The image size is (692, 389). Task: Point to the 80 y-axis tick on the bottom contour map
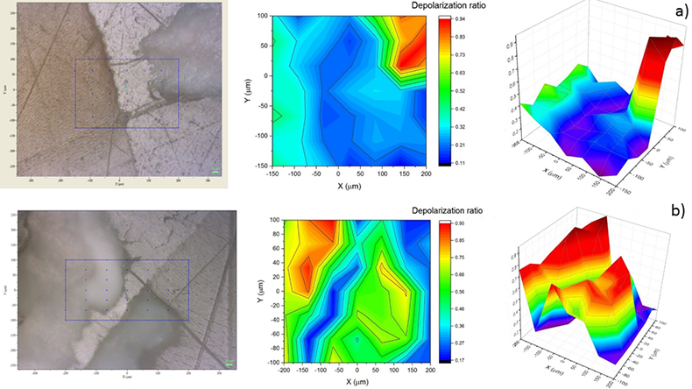click(265, 234)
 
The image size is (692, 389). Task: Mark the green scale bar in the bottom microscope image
click(230, 364)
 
